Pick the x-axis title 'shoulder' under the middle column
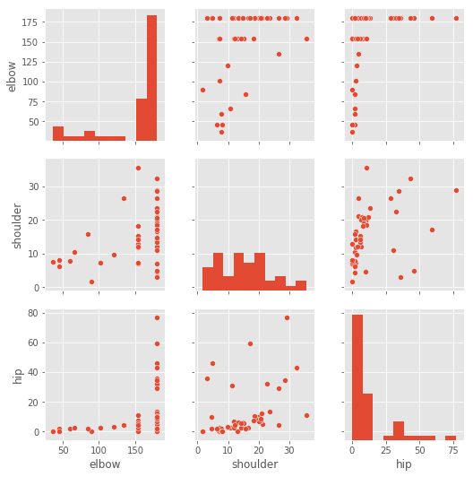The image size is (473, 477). (255, 464)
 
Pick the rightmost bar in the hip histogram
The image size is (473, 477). (451, 438)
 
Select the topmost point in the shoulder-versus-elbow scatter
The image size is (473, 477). (138, 168)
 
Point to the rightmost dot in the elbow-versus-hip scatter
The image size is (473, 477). (456, 18)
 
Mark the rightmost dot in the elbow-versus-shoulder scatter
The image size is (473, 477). (306, 39)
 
